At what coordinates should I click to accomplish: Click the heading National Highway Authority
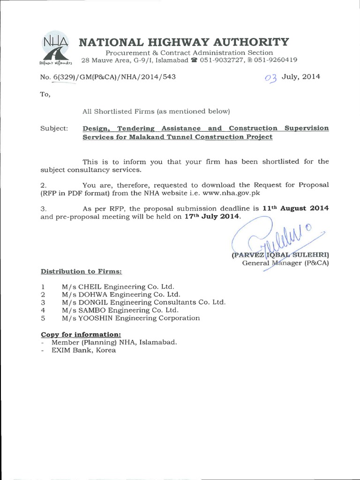click(x=183, y=42)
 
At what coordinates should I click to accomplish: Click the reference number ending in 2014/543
click(x=108, y=77)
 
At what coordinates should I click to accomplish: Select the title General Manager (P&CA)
click(x=285, y=263)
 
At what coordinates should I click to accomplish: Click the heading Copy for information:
click(x=81, y=334)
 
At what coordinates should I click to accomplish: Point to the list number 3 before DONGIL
click(x=43, y=302)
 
